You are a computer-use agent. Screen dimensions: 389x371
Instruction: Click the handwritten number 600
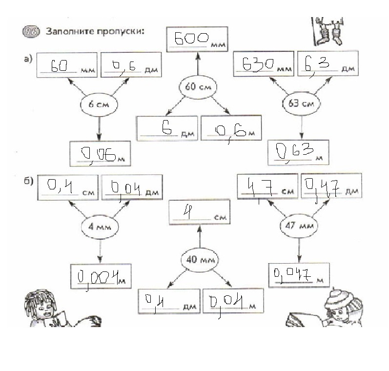191,39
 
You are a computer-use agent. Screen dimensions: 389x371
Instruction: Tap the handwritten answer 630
258,64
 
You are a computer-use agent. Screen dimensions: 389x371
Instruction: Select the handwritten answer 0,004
98,278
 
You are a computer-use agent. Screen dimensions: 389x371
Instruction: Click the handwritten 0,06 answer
98,154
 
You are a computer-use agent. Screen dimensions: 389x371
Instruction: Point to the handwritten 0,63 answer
295,151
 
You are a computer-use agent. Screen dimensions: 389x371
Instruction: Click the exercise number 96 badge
31,32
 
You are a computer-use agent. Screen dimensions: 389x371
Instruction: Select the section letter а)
28,59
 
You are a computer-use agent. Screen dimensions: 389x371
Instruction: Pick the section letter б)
28,181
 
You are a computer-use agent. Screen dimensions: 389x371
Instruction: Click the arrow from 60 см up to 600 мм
198,64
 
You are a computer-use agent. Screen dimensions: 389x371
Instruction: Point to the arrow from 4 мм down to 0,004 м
100,251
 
